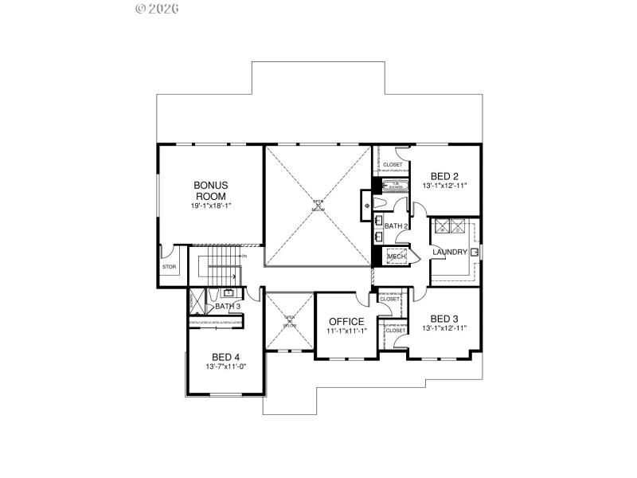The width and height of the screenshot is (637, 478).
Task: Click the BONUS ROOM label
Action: [210, 190]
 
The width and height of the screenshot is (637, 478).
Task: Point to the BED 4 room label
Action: [226, 357]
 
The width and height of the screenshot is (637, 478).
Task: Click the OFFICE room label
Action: [346, 321]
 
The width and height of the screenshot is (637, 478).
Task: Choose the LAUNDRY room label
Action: [450, 253]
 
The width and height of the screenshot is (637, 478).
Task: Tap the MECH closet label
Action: [397, 257]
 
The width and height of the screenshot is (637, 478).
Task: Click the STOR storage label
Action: [169, 267]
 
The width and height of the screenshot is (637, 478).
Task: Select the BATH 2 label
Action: [396, 226]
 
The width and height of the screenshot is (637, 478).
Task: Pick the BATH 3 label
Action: [227, 306]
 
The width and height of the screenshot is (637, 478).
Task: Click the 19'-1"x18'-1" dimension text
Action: [210, 206]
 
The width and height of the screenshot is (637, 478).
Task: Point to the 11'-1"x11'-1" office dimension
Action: [346, 331]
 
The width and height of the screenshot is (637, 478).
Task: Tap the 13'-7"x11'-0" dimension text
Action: [226, 366]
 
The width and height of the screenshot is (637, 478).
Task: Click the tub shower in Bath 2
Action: [395, 186]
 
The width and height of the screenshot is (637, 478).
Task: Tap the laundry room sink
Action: [475, 253]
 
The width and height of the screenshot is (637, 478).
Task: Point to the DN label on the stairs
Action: [244, 256]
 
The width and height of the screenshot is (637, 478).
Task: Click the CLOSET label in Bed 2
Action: [393, 165]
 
